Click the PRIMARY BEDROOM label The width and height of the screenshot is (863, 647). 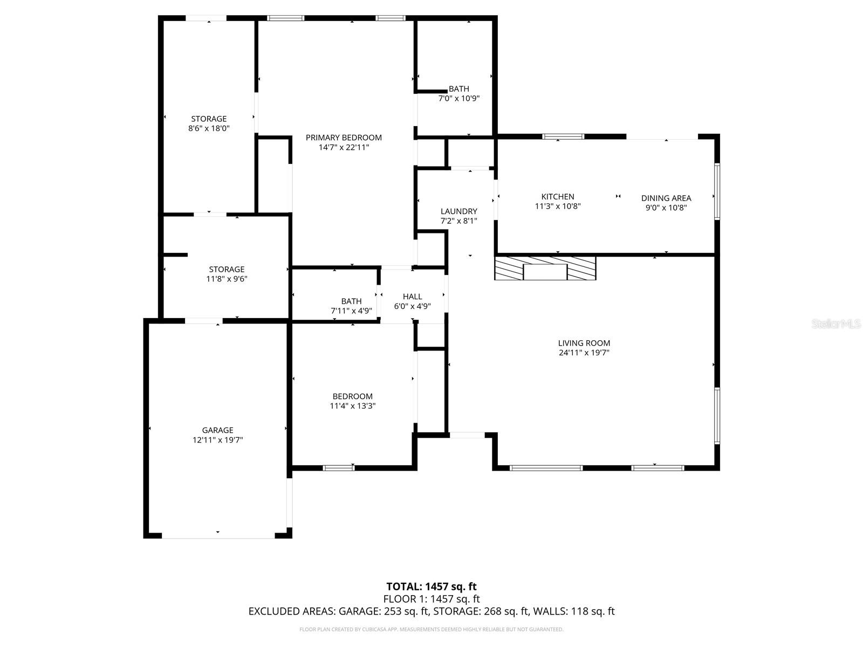click(x=344, y=137)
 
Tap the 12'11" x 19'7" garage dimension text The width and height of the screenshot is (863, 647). click(x=217, y=440)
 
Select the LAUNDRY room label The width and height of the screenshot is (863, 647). click(x=458, y=211)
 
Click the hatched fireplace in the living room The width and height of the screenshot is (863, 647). click(x=545, y=268)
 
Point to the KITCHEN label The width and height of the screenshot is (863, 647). click(x=558, y=197)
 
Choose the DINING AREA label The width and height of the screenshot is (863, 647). click(x=666, y=198)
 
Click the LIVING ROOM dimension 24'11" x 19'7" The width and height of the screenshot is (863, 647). click(x=584, y=353)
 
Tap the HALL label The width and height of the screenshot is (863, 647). click(x=412, y=297)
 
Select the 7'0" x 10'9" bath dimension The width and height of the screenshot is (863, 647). click(x=458, y=99)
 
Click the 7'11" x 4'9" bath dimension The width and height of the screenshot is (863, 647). click(x=351, y=311)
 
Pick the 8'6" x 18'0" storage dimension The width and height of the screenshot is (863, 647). click(x=209, y=128)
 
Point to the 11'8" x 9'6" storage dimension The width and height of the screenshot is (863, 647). click(x=227, y=279)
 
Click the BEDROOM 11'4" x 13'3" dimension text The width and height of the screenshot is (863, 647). click(x=352, y=406)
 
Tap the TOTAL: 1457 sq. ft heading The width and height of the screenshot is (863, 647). click(x=432, y=587)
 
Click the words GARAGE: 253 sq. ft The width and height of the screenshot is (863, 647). click(x=383, y=611)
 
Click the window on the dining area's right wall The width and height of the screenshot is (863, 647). click(x=717, y=191)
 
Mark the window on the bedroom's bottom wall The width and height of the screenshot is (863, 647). click(x=338, y=467)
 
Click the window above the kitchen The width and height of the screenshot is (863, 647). click(x=563, y=136)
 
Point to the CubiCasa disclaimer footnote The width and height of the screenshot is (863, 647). click(x=432, y=629)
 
